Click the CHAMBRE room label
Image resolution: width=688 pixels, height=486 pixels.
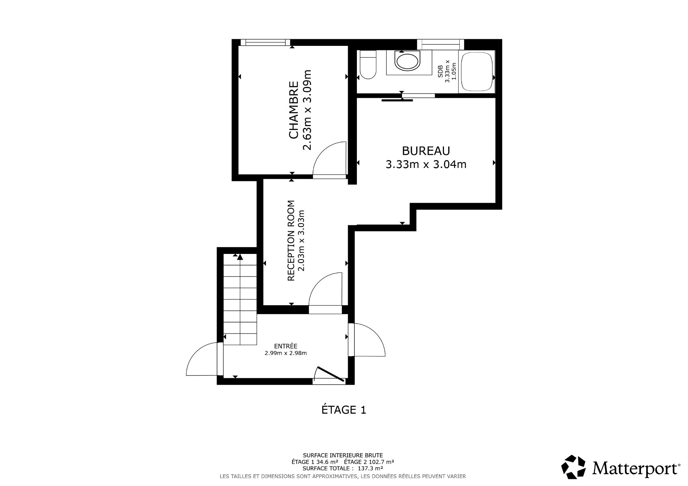pos(293,110)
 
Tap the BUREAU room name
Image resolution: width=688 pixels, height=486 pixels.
pos(426,151)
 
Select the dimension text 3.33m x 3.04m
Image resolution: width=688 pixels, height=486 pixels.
pos(426,164)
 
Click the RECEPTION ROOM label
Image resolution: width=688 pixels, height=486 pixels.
pos(291,240)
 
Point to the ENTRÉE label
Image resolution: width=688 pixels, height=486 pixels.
pos(286,346)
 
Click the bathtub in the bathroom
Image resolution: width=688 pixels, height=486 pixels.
pos(477,72)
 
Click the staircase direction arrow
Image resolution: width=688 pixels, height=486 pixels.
pos(240,256)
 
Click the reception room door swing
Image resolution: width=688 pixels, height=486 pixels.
pos(324,288)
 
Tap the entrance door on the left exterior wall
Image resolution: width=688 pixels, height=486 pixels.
pos(202,359)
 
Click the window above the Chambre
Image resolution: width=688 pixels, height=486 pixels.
pos(265,42)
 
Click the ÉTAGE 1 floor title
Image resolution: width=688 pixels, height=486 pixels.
pos(344,410)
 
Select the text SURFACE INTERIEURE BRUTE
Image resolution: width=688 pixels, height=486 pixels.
pos(343,455)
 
